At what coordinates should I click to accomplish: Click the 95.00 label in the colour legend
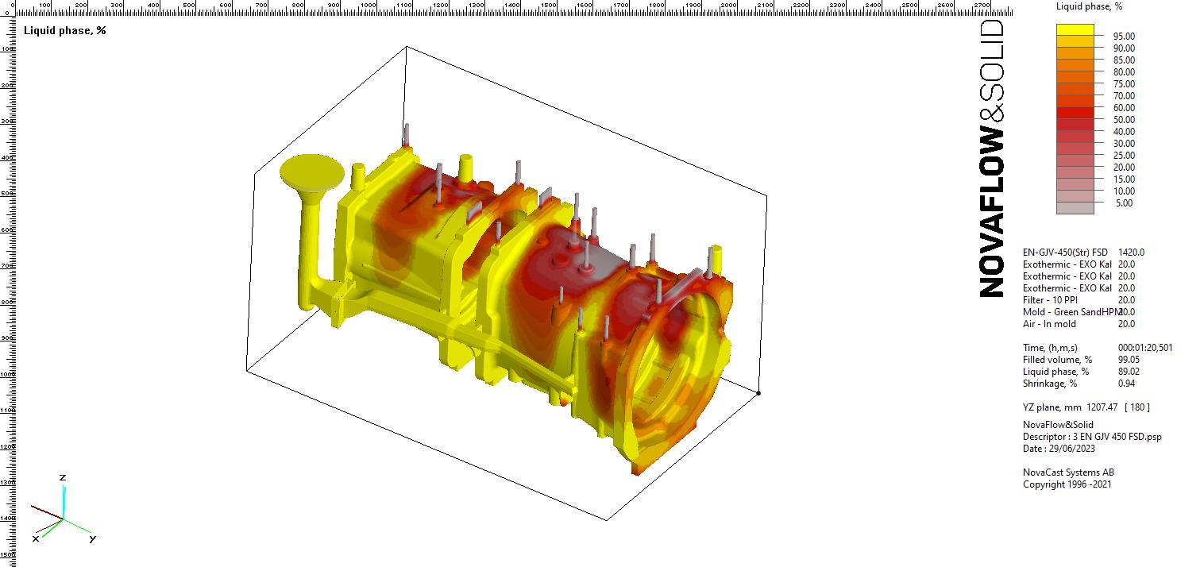pyautogui.click(x=1124, y=37)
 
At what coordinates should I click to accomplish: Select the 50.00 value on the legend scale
pyautogui.click(x=1124, y=120)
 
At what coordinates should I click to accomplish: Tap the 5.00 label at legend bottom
pyautogui.click(x=1124, y=203)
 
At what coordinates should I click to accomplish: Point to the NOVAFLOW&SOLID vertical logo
pyautogui.click(x=992, y=159)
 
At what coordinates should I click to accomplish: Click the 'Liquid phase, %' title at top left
pyautogui.click(x=65, y=30)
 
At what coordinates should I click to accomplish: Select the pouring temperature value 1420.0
pyautogui.click(x=1131, y=253)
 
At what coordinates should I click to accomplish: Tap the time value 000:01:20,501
pyautogui.click(x=1144, y=348)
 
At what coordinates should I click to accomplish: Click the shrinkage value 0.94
pyautogui.click(x=1126, y=384)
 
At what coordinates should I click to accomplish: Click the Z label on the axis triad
pyautogui.click(x=63, y=477)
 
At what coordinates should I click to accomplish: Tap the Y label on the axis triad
pyautogui.click(x=92, y=538)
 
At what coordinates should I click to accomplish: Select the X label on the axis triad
pyautogui.click(x=36, y=538)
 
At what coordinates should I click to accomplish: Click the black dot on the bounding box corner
pyautogui.click(x=758, y=393)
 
